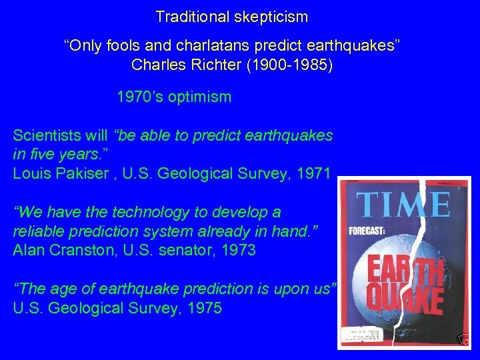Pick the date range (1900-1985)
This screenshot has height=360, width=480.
pos(285,65)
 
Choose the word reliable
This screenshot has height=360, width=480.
pos(38,231)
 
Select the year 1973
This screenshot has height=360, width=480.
pos(239,251)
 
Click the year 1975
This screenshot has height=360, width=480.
pos(204,309)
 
